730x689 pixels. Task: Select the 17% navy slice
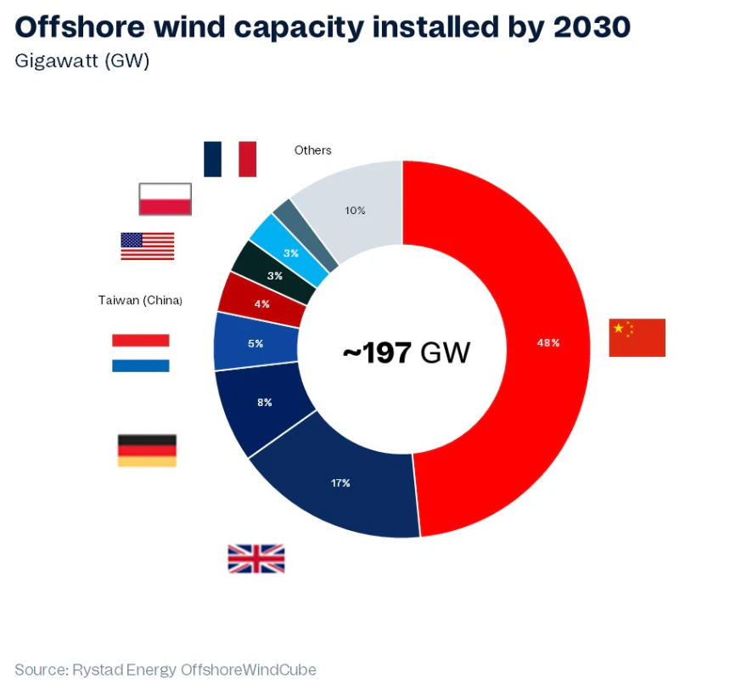pos(340,484)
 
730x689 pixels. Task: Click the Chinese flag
pos(637,337)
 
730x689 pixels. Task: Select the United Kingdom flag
pos(255,559)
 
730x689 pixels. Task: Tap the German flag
pos(147,450)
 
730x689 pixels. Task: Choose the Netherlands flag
pos(141,353)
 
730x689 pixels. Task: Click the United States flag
pos(148,246)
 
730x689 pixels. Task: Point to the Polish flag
pos(166,199)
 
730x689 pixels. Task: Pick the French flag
pos(229,159)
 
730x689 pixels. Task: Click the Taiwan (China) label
pos(141,300)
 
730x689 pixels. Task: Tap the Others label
pos(312,150)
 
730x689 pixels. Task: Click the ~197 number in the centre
pos(378,352)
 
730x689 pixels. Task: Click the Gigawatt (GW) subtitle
pos(82,62)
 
